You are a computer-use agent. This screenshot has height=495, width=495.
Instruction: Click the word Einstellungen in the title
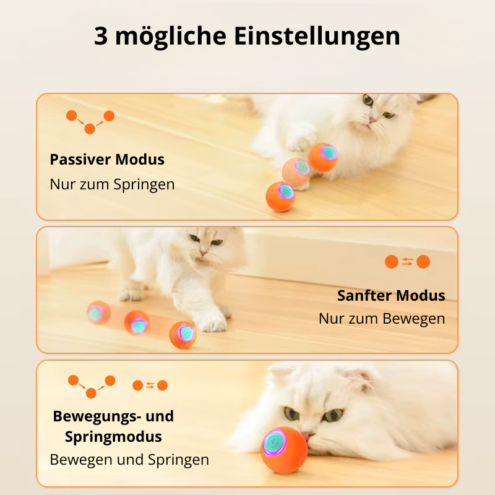[x=317, y=37]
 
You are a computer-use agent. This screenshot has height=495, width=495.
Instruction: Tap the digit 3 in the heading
[x=101, y=36]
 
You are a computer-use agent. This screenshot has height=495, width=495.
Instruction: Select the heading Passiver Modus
[x=107, y=160]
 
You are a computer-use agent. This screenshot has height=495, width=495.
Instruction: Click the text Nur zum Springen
[x=112, y=184]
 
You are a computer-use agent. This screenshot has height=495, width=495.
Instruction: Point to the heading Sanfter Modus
[x=391, y=296]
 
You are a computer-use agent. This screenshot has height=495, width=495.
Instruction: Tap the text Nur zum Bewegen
[x=382, y=319]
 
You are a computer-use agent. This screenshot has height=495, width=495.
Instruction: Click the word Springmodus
[x=113, y=437]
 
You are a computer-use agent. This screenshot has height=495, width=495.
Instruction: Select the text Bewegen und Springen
[x=129, y=460]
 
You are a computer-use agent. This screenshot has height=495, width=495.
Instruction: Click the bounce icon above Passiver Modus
[x=90, y=122]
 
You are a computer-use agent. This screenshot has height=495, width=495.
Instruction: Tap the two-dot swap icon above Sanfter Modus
[x=407, y=262]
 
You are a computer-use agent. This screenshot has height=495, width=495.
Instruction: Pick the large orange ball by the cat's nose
[x=284, y=450]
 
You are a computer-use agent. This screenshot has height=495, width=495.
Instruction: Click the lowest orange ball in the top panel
[x=280, y=197]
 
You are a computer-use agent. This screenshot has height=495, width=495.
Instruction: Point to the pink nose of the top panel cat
[x=372, y=120]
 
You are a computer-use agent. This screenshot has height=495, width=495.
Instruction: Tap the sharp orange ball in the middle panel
[x=183, y=335]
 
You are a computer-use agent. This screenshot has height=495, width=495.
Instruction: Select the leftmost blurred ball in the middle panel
[x=99, y=312]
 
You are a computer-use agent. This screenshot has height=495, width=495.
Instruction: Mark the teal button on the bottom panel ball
[x=273, y=441]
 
